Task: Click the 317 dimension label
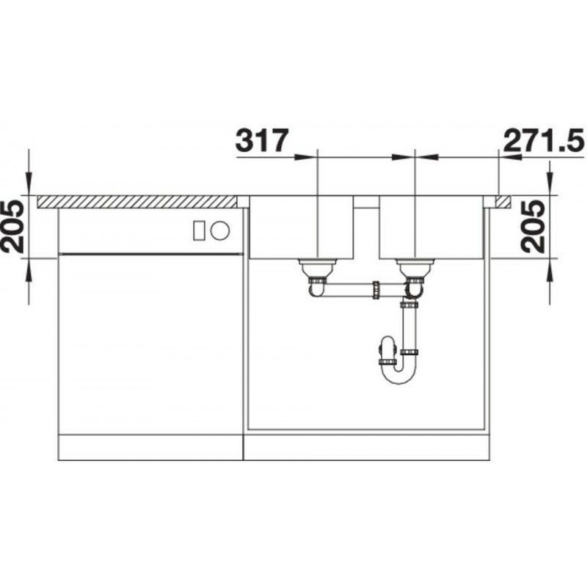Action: tap(263, 140)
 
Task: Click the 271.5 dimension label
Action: tap(544, 140)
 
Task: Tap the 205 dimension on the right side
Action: tap(533, 227)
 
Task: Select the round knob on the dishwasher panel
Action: tap(219, 230)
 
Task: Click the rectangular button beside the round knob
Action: tap(199, 230)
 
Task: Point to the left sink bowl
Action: tap(302, 227)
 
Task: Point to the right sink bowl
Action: tap(431, 227)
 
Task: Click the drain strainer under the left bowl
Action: tap(318, 268)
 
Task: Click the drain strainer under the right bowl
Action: tap(415, 268)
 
